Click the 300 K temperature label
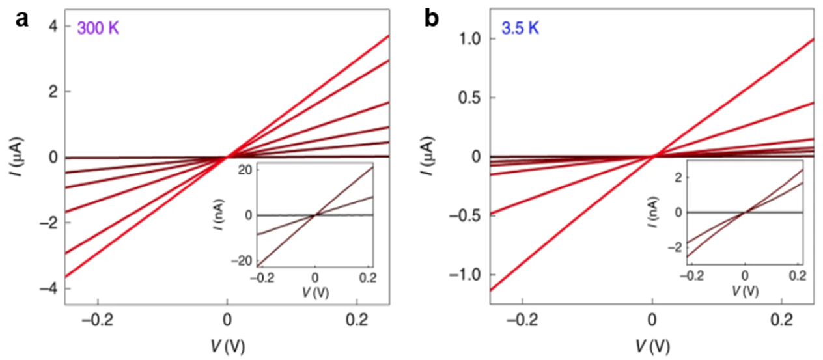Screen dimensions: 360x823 [98, 29]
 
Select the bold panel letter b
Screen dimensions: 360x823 [432, 20]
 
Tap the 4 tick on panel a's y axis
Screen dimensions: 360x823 [53, 27]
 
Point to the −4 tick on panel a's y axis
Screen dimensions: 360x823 [49, 288]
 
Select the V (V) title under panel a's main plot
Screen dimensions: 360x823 [227, 344]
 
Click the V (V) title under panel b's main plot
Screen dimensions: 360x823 [652, 344]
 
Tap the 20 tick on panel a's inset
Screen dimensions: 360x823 [244, 170]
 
